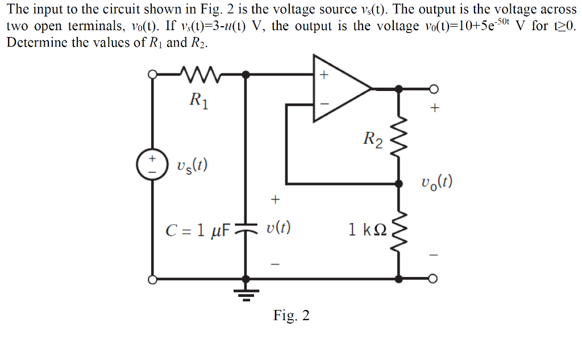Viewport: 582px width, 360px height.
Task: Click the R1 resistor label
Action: tap(199, 102)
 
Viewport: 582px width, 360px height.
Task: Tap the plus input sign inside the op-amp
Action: tap(325, 75)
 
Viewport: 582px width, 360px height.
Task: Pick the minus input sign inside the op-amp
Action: tap(325, 104)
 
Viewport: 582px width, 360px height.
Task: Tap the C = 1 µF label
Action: tap(197, 230)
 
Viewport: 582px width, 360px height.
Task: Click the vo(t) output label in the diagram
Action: tap(437, 183)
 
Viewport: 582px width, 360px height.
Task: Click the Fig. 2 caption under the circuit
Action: tap(291, 316)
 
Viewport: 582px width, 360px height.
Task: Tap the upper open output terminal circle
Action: tap(435, 89)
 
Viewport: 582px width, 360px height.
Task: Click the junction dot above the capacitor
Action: tap(246, 75)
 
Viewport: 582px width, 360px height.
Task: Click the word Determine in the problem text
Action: tap(33, 44)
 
